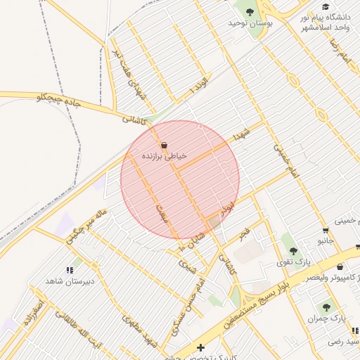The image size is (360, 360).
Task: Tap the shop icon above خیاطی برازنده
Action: tap(165, 145)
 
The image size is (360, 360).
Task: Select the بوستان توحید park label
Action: tap(250, 23)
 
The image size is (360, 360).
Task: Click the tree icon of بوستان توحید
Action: tap(249, 11)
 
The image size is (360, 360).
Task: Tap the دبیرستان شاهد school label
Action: tap(70, 281)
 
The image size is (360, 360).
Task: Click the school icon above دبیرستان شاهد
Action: tap(70, 269)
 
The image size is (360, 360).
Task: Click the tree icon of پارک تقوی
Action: tap(293, 250)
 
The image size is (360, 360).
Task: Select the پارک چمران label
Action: tap(327, 319)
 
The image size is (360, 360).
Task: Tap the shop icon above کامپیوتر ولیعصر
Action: tap(340, 267)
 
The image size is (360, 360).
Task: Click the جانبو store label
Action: tap(326, 241)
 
